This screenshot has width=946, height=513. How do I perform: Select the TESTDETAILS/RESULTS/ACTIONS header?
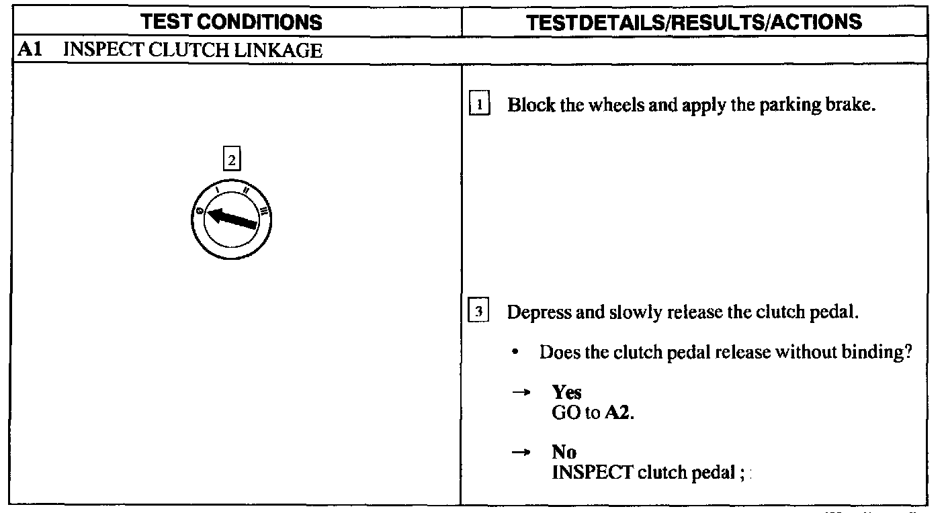click(x=694, y=21)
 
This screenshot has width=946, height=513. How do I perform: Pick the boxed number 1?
click(x=479, y=105)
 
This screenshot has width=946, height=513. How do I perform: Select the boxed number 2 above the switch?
click(x=231, y=160)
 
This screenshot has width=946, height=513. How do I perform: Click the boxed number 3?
click(x=479, y=313)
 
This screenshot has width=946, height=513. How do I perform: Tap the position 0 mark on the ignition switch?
click(x=200, y=210)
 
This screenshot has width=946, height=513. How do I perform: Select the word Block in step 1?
click(x=531, y=105)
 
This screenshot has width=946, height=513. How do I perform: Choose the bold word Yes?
click(x=566, y=392)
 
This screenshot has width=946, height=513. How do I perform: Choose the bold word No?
click(x=564, y=452)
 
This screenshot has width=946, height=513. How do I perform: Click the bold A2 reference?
click(x=618, y=412)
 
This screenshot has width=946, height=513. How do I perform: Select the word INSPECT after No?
click(x=592, y=472)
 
